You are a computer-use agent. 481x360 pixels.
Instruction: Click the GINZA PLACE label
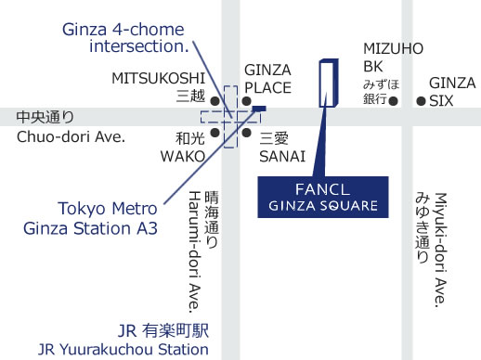(267, 79)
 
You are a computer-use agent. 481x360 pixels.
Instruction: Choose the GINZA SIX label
(452, 91)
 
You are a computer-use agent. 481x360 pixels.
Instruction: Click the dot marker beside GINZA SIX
(421, 101)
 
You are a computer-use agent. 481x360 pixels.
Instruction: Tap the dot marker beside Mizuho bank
(401, 101)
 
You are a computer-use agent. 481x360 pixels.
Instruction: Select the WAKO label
(182, 155)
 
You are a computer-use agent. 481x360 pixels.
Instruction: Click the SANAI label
(276, 155)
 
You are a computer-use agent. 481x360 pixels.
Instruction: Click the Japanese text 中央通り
(45, 117)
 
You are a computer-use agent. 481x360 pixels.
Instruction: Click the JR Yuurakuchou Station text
(123, 350)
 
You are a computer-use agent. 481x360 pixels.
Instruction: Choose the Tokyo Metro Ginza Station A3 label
(108, 216)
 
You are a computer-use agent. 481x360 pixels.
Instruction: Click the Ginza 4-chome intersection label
(125, 36)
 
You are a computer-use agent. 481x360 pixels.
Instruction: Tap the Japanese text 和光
(189, 137)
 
